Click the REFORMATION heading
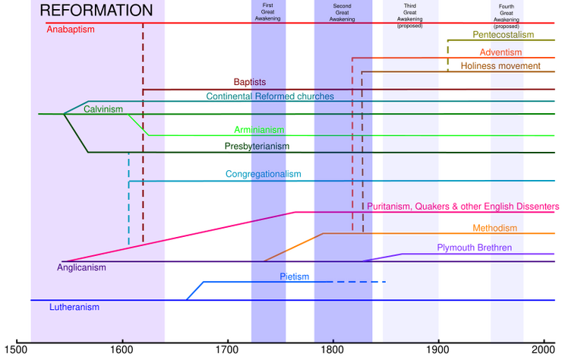[x=96, y=11]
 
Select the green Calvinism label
[x=103, y=109]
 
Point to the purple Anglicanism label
[x=81, y=267]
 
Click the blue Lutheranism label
[x=74, y=308]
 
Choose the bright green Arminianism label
[x=258, y=129]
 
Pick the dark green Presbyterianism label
[x=257, y=145]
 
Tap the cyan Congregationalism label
[x=262, y=174]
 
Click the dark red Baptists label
[x=249, y=81]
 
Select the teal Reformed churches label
[x=269, y=96]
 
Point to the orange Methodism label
[x=494, y=228]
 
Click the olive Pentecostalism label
[x=503, y=34]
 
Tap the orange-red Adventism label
[x=500, y=52]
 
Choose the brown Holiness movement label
[x=500, y=66]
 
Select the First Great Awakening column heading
[x=268, y=9]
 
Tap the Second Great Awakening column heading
[x=343, y=9]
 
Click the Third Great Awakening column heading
[x=411, y=11]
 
